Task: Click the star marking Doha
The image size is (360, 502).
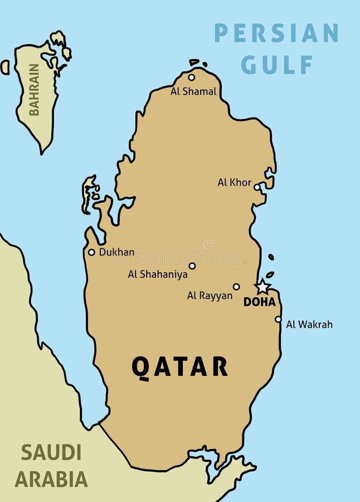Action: (262, 287)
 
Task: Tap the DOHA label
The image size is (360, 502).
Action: (260, 302)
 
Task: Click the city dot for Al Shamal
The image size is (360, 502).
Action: (192, 78)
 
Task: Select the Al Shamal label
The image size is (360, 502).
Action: (193, 91)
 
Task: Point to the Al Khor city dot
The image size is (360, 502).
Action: (257, 187)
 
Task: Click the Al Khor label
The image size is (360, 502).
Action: (234, 182)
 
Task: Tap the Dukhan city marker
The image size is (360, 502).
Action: (91, 252)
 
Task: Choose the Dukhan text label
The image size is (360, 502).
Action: (116, 252)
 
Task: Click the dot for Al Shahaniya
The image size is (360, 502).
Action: (192, 266)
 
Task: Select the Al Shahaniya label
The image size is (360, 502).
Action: (158, 274)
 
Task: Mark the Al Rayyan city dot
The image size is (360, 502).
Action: (236, 287)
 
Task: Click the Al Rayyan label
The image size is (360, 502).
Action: (210, 296)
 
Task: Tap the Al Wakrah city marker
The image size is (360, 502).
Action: (278, 319)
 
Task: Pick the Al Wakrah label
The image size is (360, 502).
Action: (309, 324)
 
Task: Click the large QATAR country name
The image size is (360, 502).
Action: (179, 366)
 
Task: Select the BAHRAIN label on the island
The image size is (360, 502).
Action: (35, 90)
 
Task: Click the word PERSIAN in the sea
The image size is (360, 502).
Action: (276, 33)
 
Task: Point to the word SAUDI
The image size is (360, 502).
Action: (51, 452)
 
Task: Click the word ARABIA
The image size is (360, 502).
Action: (51, 479)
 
